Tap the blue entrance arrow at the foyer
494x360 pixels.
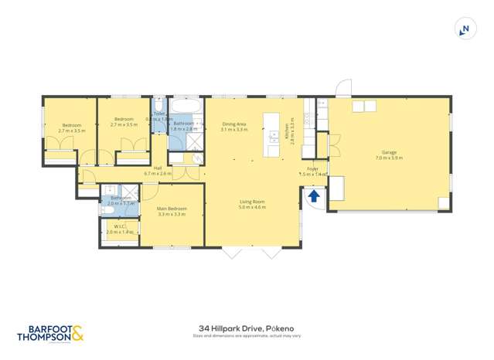click(314, 196)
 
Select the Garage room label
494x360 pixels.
click(389, 152)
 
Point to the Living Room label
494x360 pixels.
click(252, 202)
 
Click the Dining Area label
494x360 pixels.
click(233, 124)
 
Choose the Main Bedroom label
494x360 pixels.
click(171, 209)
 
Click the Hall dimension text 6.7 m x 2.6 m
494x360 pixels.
click(158, 174)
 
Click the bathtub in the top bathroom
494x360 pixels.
click(186, 106)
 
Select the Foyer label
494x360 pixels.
click(312, 168)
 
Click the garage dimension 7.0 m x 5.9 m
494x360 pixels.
click(389, 158)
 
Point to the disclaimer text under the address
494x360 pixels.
click(247, 336)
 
